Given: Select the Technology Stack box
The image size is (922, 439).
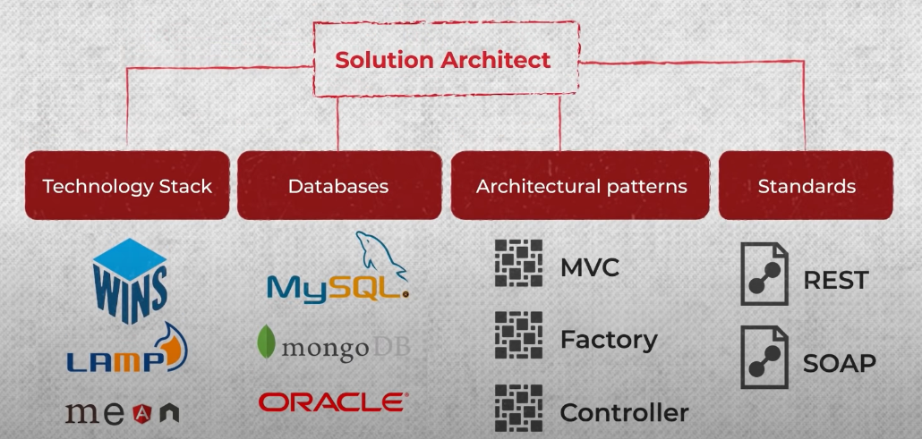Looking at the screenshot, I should pyautogui.click(x=127, y=186).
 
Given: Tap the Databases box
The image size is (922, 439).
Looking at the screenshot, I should pyautogui.click(x=338, y=186).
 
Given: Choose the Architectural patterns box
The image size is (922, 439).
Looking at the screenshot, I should pyautogui.click(x=581, y=186).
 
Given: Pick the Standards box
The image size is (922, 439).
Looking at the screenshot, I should pyautogui.click(x=806, y=186).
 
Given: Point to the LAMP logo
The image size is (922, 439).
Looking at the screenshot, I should pyautogui.click(x=126, y=353).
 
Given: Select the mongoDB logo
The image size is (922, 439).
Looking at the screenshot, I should pyautogui.click(x=332, y=345).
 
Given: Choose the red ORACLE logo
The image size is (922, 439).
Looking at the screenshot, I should pyautogui.click(x=333, y=402).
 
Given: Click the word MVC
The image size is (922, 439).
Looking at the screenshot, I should pyautogui.click(x=589, y=267).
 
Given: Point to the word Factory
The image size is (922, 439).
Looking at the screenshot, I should pyautogui.click(x=609, y=340).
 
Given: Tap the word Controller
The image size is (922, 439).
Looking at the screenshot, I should pyautogui.click(x=624, y=412).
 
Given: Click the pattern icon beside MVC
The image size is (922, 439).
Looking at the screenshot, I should pyautogui.click(x=518, y=263).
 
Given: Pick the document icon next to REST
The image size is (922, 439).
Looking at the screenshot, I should pyautogui.click(x=764, y=274).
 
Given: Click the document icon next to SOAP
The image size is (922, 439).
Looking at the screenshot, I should pyautogui.click(x=764, y=357).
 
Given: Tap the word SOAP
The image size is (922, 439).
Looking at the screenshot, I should pyautogui.click(x=839, y=363).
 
